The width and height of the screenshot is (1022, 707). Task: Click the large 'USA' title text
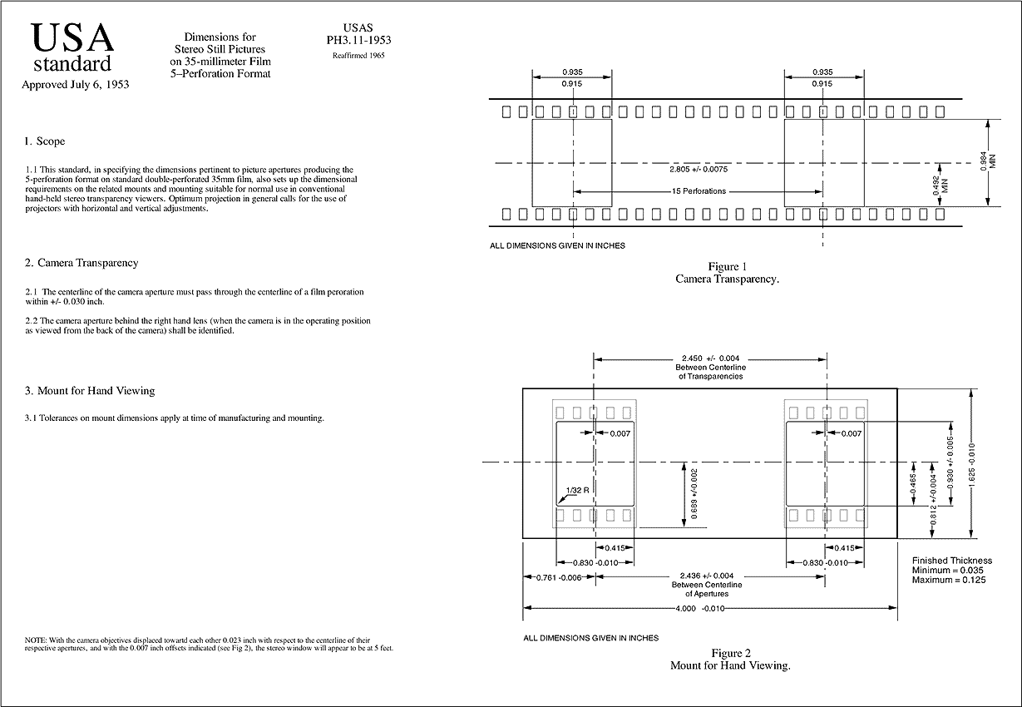coord(72,37)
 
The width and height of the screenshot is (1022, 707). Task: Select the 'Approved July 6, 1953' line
coord(75,84)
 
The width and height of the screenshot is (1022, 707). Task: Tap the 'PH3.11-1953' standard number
coord(358,40)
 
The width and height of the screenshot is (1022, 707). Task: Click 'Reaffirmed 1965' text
coord(358,56)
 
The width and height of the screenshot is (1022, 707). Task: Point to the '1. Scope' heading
coord(45,141)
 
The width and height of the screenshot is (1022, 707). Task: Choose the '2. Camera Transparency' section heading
coord(81,263)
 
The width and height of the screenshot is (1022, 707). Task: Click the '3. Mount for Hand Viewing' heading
coord(90,391)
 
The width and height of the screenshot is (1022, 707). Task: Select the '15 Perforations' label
coord(699,191)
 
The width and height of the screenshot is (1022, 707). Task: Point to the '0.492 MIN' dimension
coord(940,184)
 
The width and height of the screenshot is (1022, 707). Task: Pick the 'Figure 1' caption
coord(728,266)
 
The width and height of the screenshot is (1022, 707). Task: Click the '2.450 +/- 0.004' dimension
coord(710,358)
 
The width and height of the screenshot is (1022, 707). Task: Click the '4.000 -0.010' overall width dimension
coord(710,608)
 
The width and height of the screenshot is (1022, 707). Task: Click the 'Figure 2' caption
coord(730,653)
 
